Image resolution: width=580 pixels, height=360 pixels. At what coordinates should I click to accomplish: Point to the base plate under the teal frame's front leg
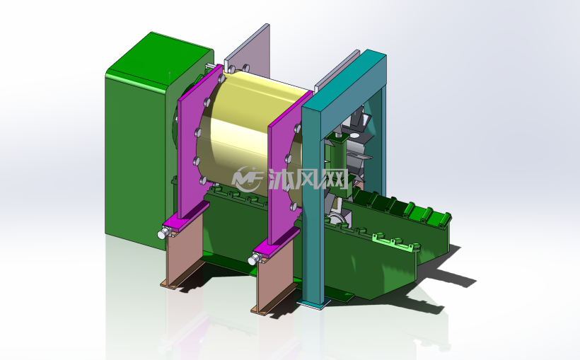coord(313,303)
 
